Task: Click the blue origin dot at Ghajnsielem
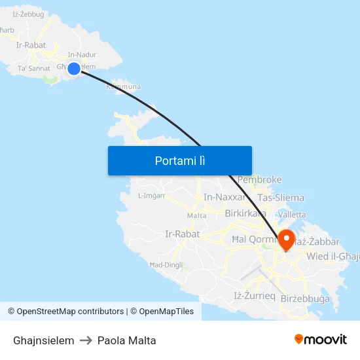[74, 68]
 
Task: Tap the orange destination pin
[286, 240]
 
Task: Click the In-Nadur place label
[82, 55]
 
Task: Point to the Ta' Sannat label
[34, 69]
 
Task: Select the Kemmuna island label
[123, 86]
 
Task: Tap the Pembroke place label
[260, 179]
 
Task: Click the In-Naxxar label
[225, 197]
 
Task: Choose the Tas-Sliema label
[281, 198]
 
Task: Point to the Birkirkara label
[245, 213]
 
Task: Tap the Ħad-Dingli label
[166, 265]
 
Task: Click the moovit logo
[320, 340]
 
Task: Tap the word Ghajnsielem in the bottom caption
[43, 340]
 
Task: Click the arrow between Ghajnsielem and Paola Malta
[86, 340]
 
